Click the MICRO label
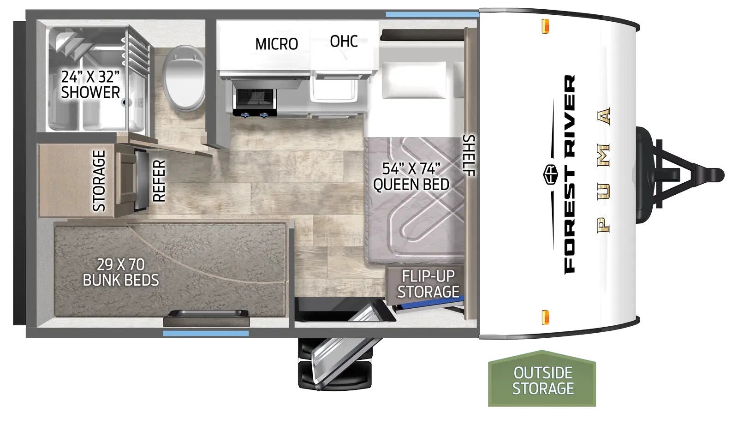coord(276,44)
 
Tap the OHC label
coord(344,41)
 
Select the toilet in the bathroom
coord(184,78)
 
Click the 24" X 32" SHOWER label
coord(90,84)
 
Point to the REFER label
coord(159,181)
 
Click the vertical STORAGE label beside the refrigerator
coord(99,181)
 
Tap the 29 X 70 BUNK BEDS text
coord(120,272)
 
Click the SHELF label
coord(469,156)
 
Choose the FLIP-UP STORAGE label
coord(429,284)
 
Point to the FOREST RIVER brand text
coord(570,174)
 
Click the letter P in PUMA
coord(604,226)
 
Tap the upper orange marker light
coord(545,26)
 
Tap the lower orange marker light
coord(545,317)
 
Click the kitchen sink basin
coord(333,89)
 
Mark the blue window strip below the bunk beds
coord(206,333)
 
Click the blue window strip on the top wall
coord(432,14)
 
